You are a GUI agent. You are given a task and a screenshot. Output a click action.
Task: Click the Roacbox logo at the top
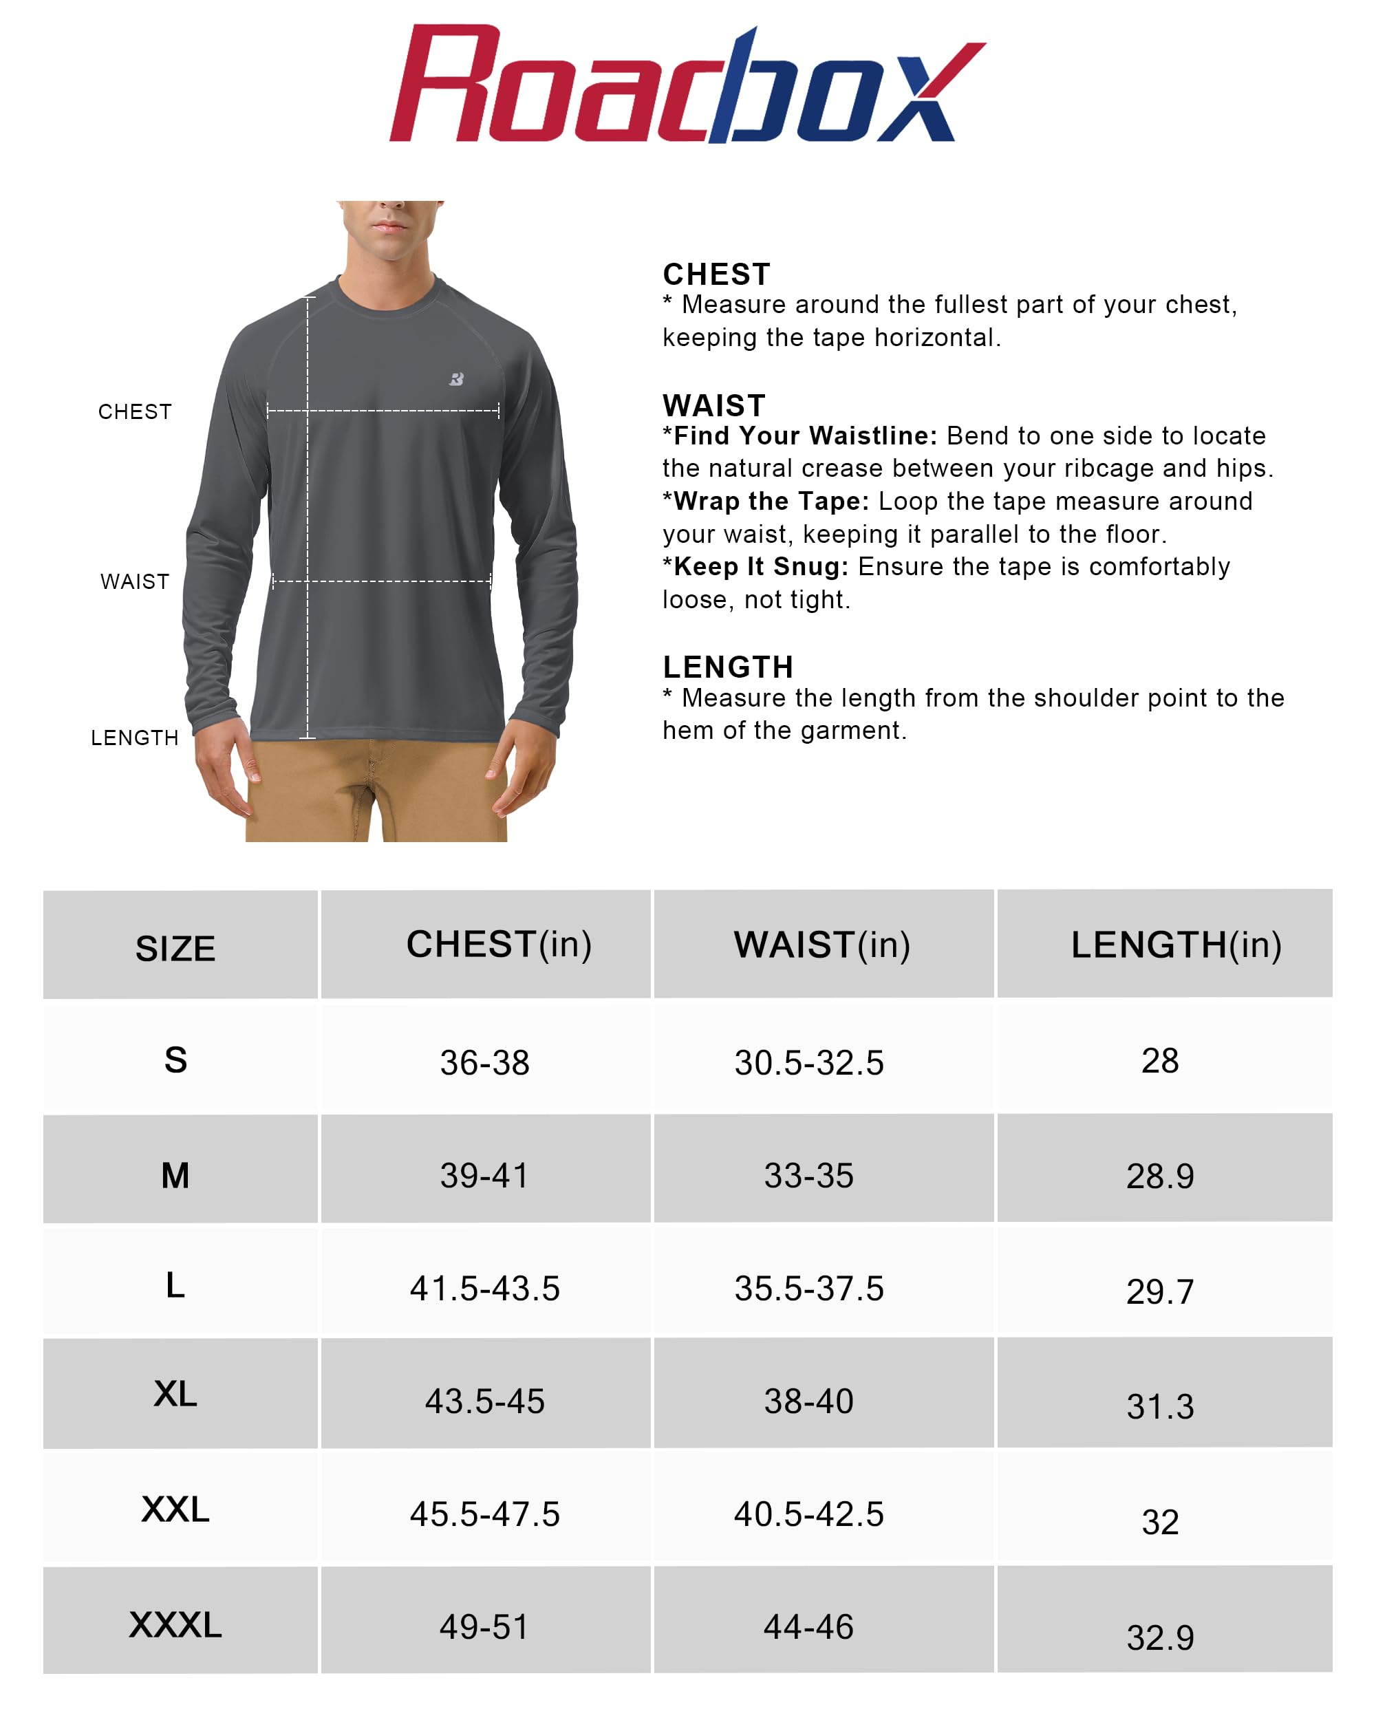point(687,85)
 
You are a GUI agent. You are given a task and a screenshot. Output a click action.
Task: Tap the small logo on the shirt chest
point(456,379)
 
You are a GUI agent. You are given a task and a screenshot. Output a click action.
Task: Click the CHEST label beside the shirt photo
point(135,411)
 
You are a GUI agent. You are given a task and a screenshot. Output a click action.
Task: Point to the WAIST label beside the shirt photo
point(135,581)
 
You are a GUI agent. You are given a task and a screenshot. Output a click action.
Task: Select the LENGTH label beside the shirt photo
point(135,738)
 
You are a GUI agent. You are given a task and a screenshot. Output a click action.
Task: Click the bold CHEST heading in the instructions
point(716,275)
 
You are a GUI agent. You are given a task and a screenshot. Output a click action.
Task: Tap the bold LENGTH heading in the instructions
point(727,667)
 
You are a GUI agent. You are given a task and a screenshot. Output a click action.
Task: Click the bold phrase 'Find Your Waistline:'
point(805,436)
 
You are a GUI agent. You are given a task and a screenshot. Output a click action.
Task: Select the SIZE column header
point(175,949)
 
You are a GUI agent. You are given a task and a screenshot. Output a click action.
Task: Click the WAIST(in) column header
point(821,945)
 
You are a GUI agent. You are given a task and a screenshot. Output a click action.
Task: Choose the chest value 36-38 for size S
point(485,1063)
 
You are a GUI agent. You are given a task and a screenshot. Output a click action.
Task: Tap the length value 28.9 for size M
point(1160,1176)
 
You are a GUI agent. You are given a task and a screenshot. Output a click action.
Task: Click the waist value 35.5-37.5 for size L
point(809,1289)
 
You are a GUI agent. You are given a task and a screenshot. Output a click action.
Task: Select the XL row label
point(175,1395)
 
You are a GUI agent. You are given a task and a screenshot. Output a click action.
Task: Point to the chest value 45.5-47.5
point(485,1514)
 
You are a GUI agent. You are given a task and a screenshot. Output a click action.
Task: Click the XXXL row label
point(175,1625)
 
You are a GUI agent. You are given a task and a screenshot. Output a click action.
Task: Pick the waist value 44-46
point(809,1627)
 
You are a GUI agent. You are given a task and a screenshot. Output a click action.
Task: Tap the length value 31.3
point(1160,1406)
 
